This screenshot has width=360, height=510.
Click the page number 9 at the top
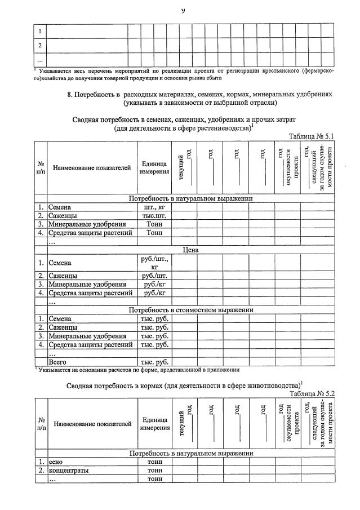183,10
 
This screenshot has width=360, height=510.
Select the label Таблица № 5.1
312,136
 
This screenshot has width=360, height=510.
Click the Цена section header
191,249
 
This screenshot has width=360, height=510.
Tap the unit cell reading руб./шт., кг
154,263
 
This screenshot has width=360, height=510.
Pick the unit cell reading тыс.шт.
154,215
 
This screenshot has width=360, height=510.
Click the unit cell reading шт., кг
154,207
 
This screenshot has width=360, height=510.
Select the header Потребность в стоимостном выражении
191,310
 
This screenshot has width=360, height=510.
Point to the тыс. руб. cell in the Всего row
154,362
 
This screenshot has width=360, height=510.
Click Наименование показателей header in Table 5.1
92,167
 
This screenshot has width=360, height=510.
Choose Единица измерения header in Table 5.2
154,424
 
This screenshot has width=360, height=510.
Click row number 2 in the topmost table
39,45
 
